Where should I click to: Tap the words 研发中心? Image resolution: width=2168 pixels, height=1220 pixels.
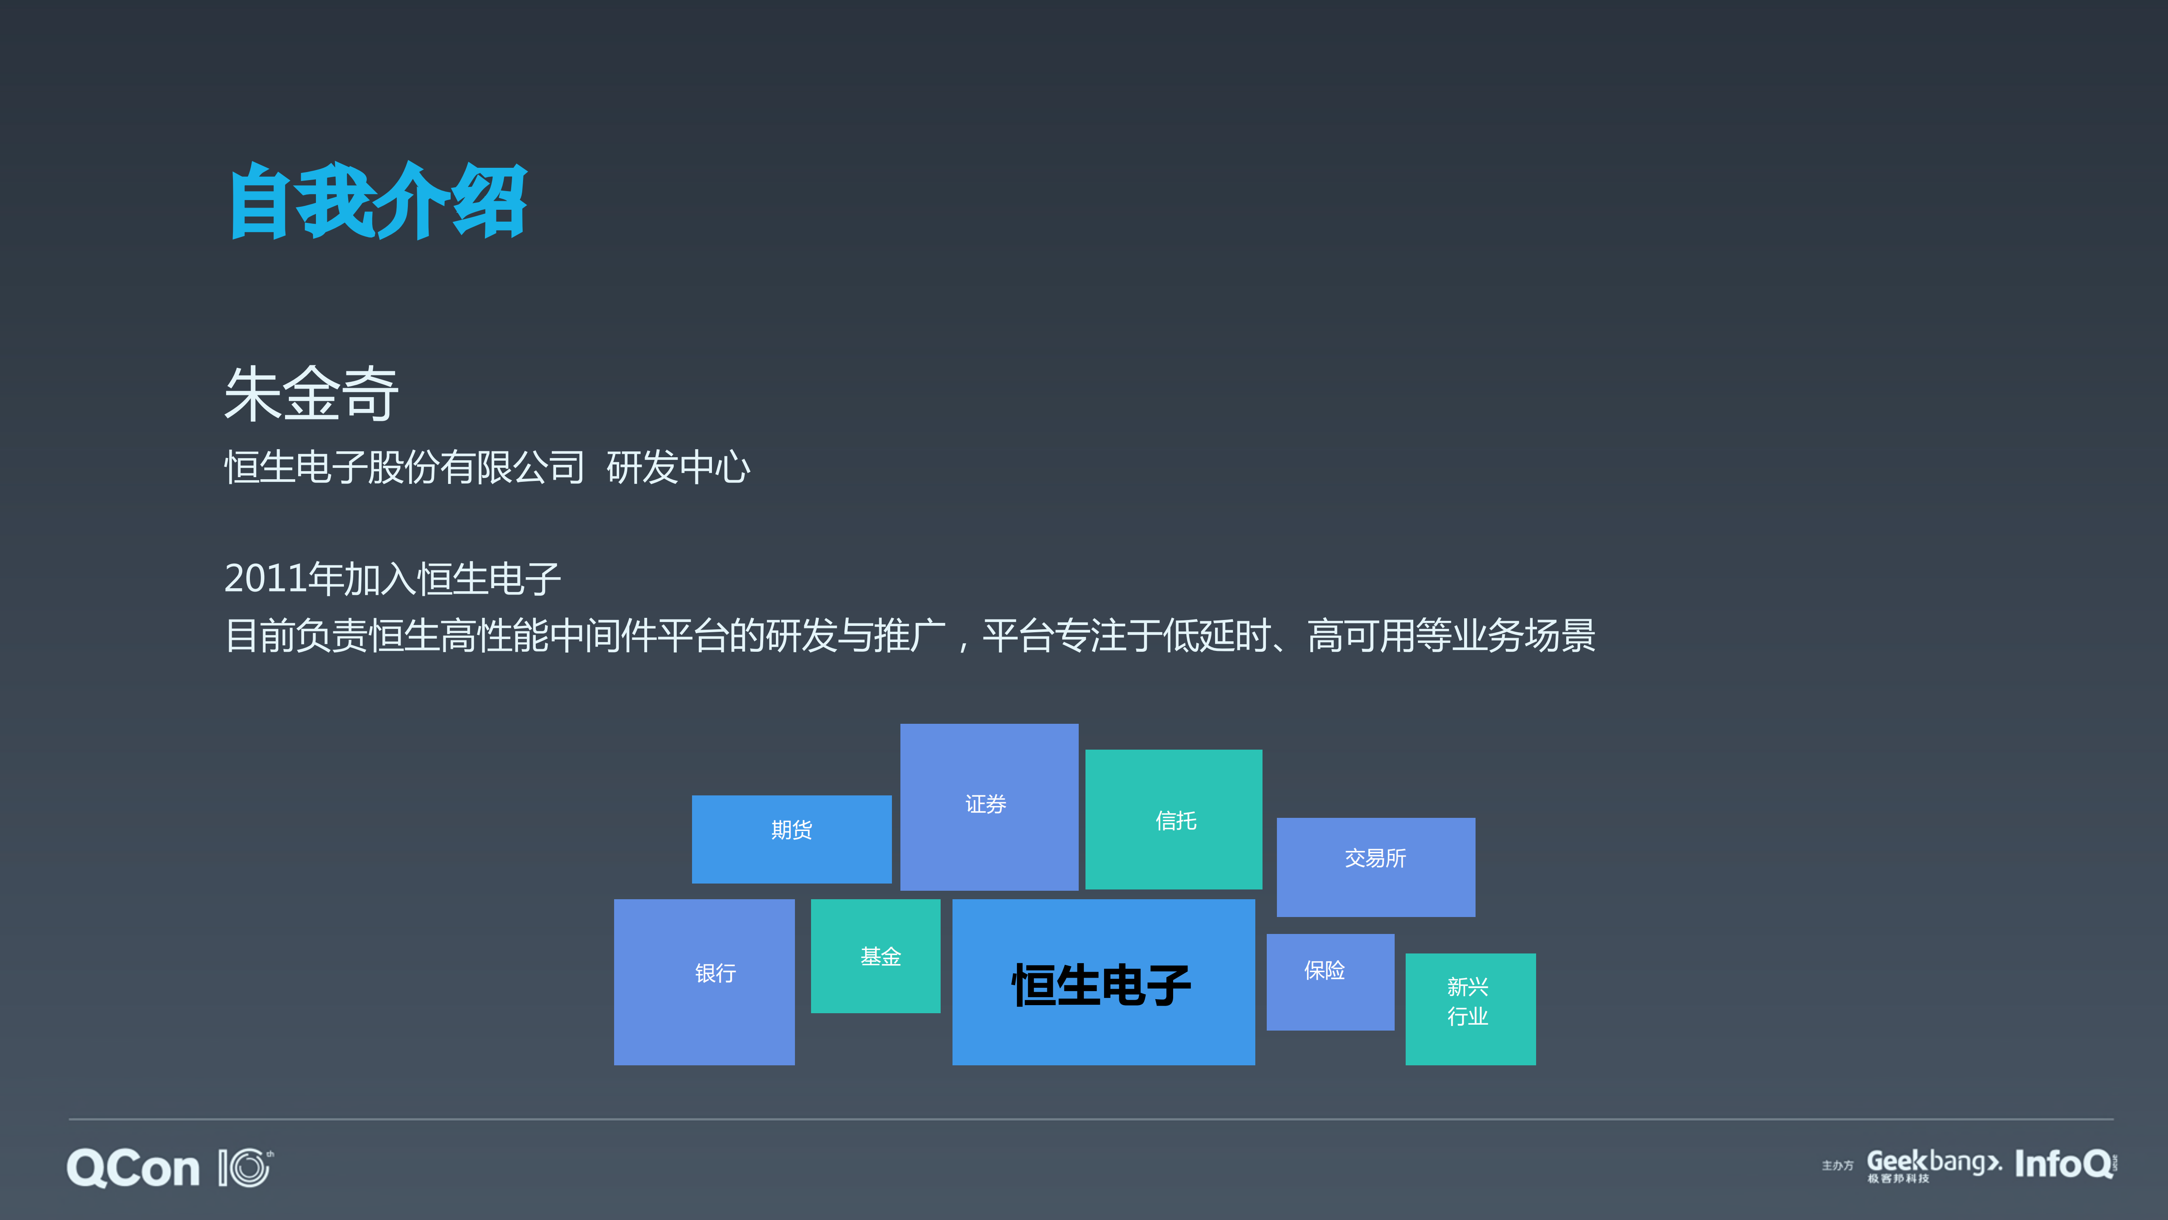(x=678, y=467)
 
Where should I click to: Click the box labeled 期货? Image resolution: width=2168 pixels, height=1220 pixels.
(x=791, y=839)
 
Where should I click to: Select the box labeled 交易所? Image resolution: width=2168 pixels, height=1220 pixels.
(x=1375, y=867)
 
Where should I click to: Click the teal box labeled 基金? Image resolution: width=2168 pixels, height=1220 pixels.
(x=875, y=956)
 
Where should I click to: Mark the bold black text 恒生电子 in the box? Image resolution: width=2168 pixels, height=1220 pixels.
(x=1102, y=985)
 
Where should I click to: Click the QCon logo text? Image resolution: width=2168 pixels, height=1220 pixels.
(x=133, y=1169)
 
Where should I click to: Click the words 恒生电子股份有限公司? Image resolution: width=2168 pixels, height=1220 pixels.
(x=404, y=467)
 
